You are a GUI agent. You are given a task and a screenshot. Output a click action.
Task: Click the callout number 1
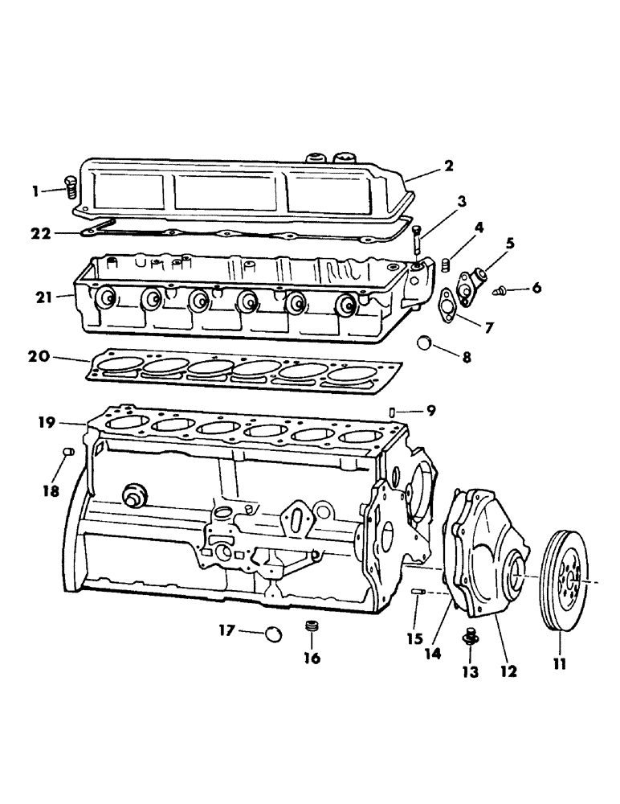35,191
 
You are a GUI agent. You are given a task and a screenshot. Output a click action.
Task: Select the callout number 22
41,234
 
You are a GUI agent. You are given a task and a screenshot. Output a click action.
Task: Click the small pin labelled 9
391,412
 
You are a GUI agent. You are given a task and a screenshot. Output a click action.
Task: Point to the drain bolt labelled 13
470,638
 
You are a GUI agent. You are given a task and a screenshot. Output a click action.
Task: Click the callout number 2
449,166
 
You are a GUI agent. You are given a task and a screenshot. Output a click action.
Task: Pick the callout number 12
507,669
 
